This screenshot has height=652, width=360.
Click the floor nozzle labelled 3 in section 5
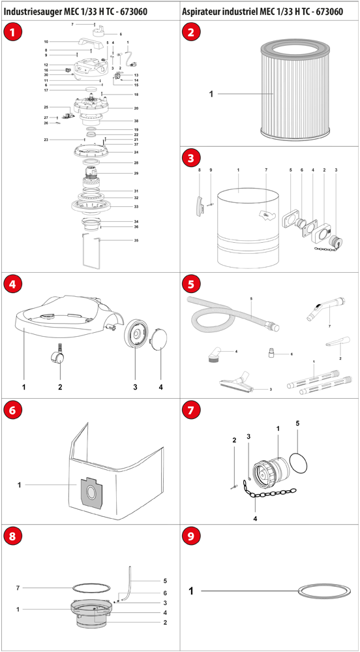click(235, 383)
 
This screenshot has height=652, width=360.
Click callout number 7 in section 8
click(18, 587)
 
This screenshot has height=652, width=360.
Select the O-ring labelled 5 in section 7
click(299, 462)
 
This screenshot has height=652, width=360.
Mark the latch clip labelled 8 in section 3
click(200, 205)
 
